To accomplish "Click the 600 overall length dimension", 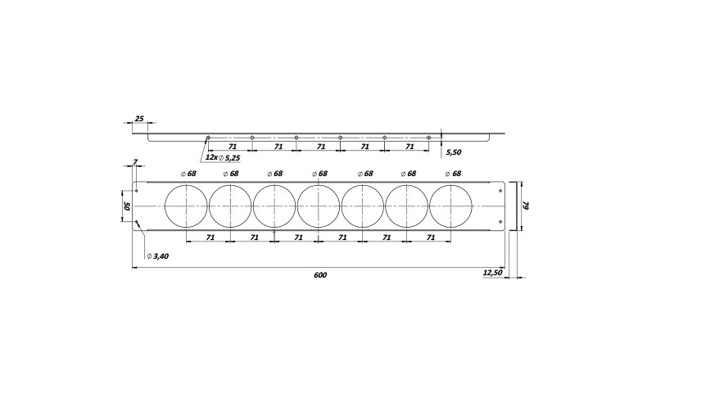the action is click(x=320, y=275).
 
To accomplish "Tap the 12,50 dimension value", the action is click(x=492, y=273).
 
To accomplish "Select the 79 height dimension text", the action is click(x=526, y=205).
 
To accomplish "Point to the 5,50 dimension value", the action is click(x=454, y=151).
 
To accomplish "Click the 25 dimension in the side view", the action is click(x=139, y=119).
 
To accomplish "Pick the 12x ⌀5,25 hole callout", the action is click(x=223, y=157).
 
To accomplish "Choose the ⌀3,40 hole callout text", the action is click(x=157, y=256).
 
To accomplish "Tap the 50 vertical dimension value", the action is click(x=128, y=206).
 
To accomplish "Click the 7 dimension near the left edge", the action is click(x=135, y=162).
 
